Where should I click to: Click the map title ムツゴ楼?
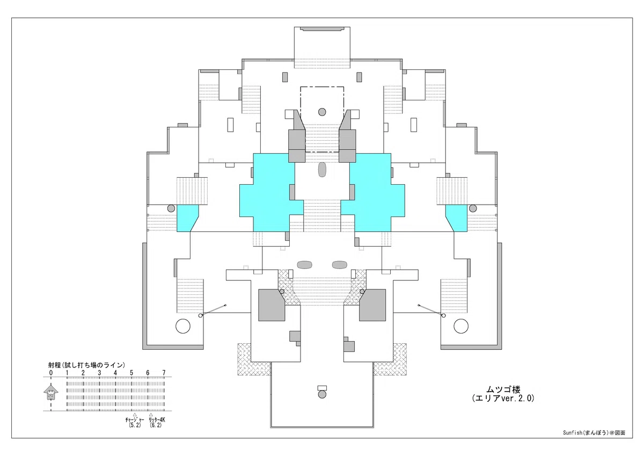point(503,389)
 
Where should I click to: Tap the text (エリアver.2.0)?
point(503,398)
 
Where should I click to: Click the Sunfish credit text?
point(594,433)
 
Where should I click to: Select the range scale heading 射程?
point(54,365)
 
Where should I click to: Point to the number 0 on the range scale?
point(51,373)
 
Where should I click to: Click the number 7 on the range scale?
point(164,373)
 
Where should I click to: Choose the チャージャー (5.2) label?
point(135,422)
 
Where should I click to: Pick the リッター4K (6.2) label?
point(157,422)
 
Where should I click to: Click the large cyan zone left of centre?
point(270,192)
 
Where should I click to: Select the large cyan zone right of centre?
point(374,192)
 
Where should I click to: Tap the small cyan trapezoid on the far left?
point(186,218)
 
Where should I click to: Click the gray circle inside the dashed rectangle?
point(322,112)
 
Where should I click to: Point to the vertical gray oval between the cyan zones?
point(322,170)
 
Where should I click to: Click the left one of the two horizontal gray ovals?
point(304,265)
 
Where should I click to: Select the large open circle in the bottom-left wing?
point(183,326)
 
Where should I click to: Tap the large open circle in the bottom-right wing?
point(461,326)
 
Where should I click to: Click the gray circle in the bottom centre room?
point(322,394)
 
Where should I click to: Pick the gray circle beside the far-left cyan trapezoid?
point(171,208)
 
